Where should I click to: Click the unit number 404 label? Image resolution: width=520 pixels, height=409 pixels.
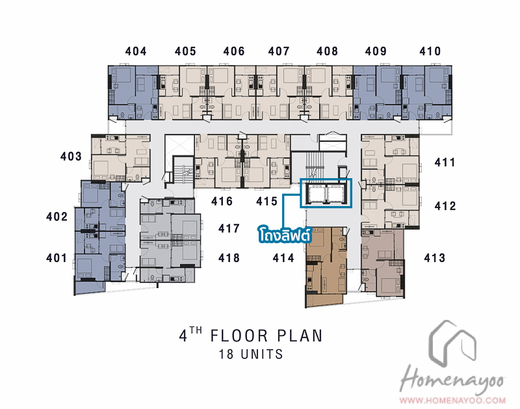click(x=136, y=51)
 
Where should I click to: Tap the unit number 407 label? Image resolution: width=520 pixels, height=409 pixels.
click(x=279, y=51)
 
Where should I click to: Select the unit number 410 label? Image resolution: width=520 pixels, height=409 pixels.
click(x=430, y=51)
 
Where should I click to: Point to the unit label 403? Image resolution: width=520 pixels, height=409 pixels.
click(x=71, y=156)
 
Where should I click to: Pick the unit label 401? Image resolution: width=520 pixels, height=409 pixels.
click(x=57, y=257)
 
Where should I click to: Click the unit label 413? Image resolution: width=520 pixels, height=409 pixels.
click(x=435, y=257)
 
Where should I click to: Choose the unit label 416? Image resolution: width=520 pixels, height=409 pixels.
click(x=222, y=201)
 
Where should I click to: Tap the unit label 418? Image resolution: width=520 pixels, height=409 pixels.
click(x=229, y=257)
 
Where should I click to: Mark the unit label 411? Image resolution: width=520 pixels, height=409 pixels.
click(x=445, y=162)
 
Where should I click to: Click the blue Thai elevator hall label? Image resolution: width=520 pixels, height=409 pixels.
click(x=285, y=235)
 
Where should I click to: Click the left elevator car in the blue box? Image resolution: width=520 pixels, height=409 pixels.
click(x=316, y=194)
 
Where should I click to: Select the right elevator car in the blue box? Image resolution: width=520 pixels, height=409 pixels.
click(x=337, y=194)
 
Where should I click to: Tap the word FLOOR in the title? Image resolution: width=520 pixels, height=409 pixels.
click(x=239, y=336)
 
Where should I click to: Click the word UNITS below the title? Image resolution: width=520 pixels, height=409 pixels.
click(x=262, y=354)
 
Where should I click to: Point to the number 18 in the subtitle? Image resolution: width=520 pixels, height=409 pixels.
click(x=226, y=354)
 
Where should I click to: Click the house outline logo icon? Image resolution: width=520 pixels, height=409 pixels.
click(x=452, y=341)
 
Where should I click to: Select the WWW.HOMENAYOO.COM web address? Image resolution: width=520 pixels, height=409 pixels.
click(x=452, y=400)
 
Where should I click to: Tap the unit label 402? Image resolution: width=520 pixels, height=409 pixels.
click(x=57, y=217)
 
